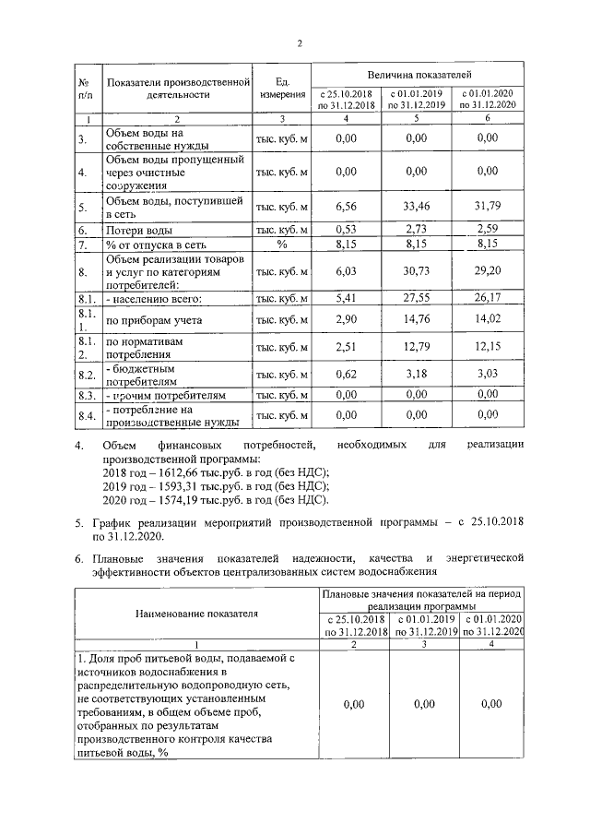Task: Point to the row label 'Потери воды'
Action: coord(139,229)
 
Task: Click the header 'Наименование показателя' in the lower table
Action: coord(196,612)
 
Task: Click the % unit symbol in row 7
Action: coord(281,245)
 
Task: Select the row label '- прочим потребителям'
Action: coord(166,395)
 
